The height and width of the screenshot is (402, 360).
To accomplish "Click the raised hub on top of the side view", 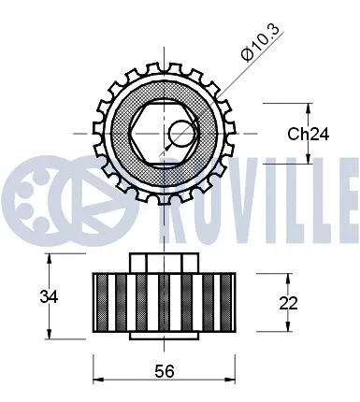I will pos(165,261).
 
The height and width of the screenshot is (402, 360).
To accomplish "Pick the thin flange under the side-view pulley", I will pos(165,334).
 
